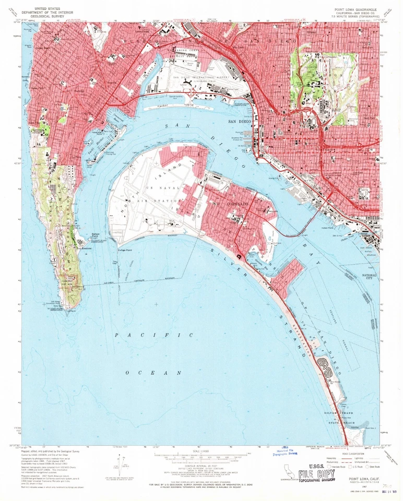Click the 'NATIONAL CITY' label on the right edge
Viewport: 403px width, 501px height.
point(370,277)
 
